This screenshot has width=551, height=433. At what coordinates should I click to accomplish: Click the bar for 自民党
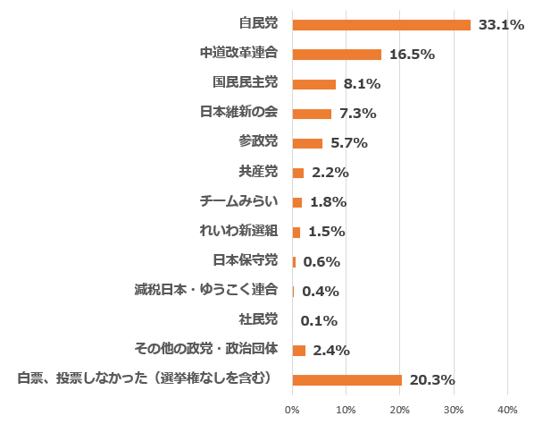381,25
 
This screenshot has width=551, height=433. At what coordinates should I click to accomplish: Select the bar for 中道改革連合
337,55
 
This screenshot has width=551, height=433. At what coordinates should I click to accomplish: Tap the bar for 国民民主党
313,84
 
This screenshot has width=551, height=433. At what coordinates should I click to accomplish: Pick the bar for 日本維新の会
312,114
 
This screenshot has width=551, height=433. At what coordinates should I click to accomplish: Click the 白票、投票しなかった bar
346,380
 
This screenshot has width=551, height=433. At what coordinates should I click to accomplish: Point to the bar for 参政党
307,143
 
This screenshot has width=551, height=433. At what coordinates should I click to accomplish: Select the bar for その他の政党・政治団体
298,351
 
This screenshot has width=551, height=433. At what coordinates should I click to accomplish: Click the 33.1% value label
501,25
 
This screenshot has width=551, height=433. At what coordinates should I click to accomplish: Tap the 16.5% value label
412,55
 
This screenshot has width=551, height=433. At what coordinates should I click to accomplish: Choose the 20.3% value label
432,380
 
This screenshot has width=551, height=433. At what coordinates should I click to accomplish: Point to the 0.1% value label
319,321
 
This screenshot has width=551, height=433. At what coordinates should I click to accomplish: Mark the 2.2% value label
330,173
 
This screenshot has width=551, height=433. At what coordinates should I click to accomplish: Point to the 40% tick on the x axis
507,410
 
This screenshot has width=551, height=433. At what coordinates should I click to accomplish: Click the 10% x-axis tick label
346,410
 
